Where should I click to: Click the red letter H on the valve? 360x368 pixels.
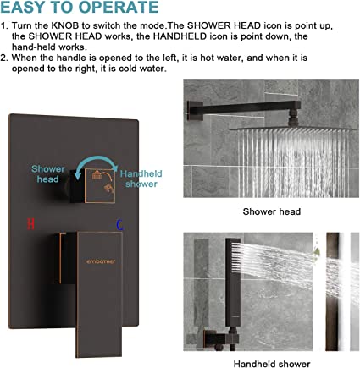click(x=30, y=224)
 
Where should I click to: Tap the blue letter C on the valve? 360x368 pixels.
click(x=119, y=225)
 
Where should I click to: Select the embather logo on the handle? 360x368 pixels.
click(x=101, y=261)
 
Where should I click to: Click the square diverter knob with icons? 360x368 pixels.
click(x=100, y=185)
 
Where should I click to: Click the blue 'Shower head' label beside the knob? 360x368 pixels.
click(x=48, y=174)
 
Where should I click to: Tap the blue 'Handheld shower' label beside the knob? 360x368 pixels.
click(x=141, y=179)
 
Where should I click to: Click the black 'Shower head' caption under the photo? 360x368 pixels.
click(x=272, y=211)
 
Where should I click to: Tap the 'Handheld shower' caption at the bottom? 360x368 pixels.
click(x=272, y=364)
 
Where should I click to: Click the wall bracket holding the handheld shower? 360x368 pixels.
click(x=218, y=338)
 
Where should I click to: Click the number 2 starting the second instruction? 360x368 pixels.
click(x=3, y=58)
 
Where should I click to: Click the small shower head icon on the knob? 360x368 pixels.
click(x=97, y=175)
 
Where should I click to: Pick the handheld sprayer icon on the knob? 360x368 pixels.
click(x=108, y=188)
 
